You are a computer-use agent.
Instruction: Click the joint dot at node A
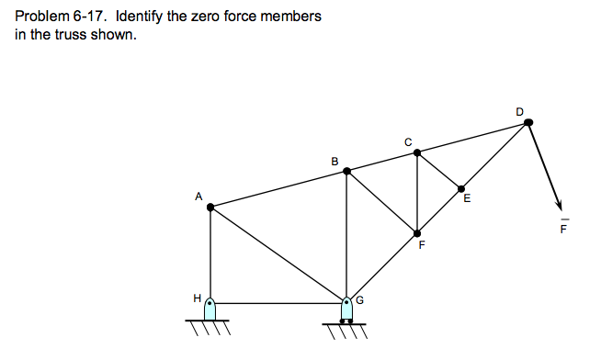tap(210, 208)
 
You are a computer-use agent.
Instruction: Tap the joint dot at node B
tap(346, 169)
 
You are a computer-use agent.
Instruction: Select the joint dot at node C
tap(417, 152)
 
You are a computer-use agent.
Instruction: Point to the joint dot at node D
tap(527, 122)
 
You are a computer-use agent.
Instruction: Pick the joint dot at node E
tap(462, 189)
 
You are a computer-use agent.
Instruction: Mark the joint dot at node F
tap(417, 233)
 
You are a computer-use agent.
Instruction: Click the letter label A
tap(198, 196)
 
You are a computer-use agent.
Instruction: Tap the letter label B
tap(335, 162)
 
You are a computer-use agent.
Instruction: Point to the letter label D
tap(520, 111)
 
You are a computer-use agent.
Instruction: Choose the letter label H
tap(196, 298)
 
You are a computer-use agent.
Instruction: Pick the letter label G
tap(360, 298)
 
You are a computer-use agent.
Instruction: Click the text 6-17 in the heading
tap(89, 17)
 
